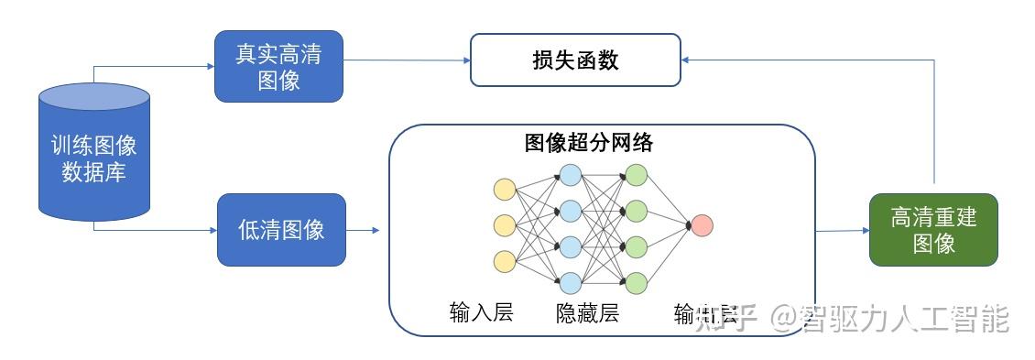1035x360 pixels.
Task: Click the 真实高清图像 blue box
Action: pos(279,67)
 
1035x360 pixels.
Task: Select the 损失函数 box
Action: pos(575,60)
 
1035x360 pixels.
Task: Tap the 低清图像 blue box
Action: pos(281,229)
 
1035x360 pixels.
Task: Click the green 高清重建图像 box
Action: pos(933,230)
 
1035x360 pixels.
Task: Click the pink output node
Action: pos(702,225)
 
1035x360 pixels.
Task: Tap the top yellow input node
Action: pos(504,190)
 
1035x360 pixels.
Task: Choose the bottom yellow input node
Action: pos(504,261)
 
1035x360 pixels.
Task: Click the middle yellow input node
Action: pos(504,225)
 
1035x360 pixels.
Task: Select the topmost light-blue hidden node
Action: pos(570,175)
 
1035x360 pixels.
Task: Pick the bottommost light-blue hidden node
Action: pos(570,281)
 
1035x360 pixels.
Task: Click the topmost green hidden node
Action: pos(636,175)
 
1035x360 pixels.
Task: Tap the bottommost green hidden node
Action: pos(636,281)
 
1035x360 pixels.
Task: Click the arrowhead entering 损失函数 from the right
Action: pos(688,60)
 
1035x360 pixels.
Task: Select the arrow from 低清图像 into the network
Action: pos(363,230)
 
